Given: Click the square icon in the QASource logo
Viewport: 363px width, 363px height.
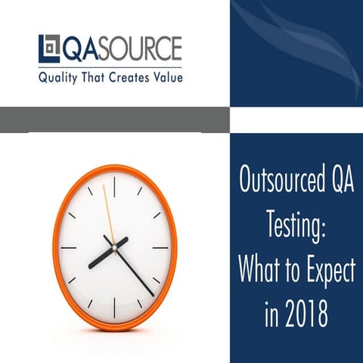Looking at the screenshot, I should pos(48,49).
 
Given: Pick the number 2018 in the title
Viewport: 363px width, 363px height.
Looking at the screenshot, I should pos(307,312).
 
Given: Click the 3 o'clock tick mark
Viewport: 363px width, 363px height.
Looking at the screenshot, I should pos(161,247).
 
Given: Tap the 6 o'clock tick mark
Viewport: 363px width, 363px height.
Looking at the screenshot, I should pos(114,307).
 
